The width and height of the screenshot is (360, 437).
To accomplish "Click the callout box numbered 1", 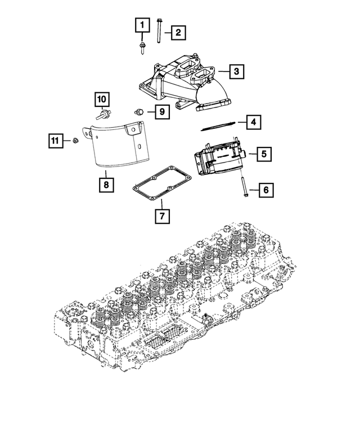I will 142,25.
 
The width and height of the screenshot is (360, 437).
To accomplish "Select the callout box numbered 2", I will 177,33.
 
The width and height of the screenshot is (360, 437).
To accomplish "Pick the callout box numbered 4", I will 254,121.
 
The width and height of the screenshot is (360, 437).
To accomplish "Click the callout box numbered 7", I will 161,215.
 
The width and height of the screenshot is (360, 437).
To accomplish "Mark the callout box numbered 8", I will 105,183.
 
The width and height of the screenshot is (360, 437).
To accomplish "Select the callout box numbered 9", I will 161,112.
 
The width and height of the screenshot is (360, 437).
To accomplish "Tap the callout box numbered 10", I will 101,100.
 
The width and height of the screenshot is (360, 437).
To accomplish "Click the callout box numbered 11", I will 54,141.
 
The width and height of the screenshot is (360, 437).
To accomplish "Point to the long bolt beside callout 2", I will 159,31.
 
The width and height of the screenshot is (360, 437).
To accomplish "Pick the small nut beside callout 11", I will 74,139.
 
